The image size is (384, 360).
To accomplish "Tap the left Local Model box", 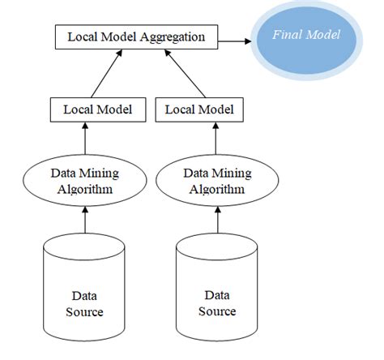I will tap(98, 108).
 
